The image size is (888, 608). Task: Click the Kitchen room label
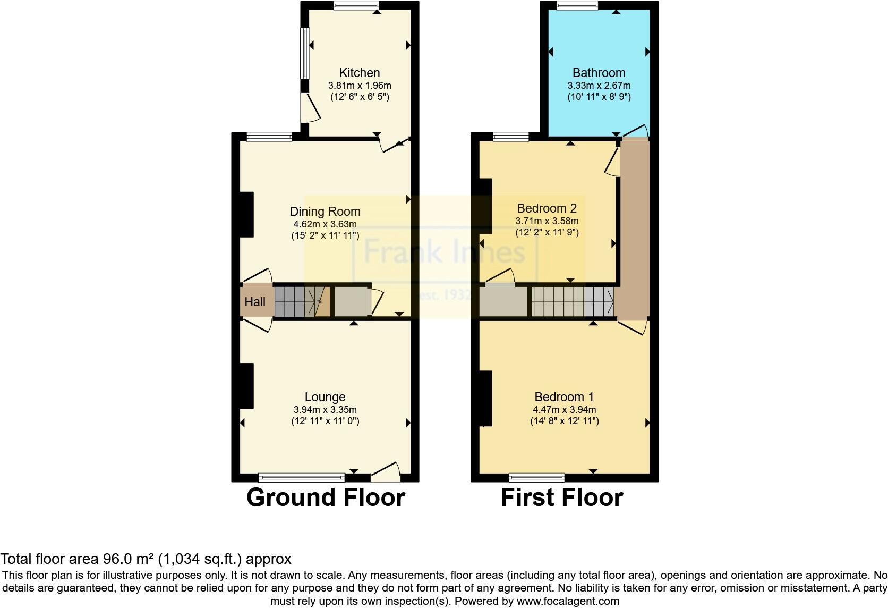[x=360, y=73]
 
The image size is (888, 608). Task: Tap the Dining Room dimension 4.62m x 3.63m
[x=325, y=224]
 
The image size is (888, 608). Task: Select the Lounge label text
[x=325, y=397]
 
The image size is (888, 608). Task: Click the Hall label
[x=255, y=302]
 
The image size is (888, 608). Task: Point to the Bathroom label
[x=599, y=73]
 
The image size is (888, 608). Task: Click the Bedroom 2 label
[x=547, y=208]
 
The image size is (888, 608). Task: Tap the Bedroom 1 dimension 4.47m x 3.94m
[x=564, y=410]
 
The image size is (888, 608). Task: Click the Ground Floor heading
[x=326, y=497]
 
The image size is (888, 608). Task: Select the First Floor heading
[x=561, y=497]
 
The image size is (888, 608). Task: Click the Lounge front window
[x=302, y=477]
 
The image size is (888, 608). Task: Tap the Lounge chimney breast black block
[x=246, y=386]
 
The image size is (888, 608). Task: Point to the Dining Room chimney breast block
[x=246, y=214]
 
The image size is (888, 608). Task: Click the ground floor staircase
[x=300, y=301]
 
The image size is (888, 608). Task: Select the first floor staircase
[x=573, y=302]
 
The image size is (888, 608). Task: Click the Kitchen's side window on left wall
[x=305, y=53]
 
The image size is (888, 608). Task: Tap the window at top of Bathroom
[x=577, y=5]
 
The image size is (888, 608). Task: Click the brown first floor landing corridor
[x=635, y=229]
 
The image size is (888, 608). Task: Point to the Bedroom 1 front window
[x=537, y=477]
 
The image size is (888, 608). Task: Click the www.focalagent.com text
[x=567, y=602]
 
